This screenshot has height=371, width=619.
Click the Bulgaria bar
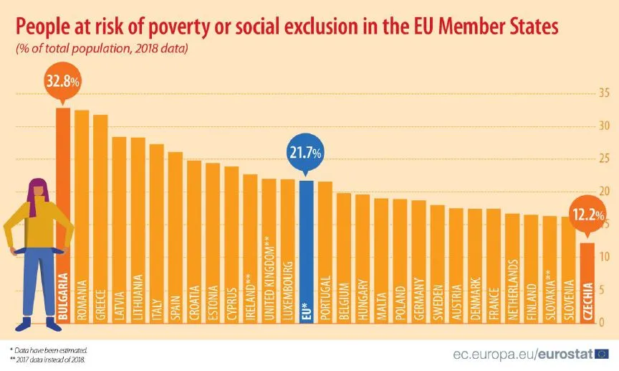pyautogui.click(x=63, y=215)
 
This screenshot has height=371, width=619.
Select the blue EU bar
pyautogui.click(x=306, y=251)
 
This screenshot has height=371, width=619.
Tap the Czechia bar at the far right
pyautogui.click(x=587, y=283)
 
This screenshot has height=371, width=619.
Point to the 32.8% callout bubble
pyautogui.click(x=63, y=81)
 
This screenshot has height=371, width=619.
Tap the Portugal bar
pyautogui.click(x=325, y=251)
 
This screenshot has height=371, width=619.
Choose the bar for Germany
pyautogui.click(x=418, y=262)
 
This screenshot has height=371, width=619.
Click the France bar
pyautogui.click(x=493, y=266)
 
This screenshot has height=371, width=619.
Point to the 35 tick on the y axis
pyautogui.click(x=604, y=93)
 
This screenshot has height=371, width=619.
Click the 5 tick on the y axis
pyautogui.click(x=604, y=290)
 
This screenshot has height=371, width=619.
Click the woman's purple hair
pyautogui.click(x=36, y=194)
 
